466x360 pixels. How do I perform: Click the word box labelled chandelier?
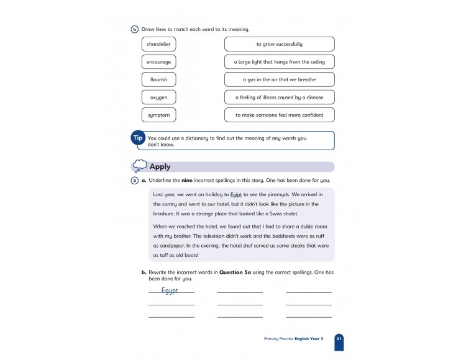[x=158, y=44]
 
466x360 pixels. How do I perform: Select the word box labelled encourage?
[x=158, y=62]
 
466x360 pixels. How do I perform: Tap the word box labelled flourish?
[x=158, y=79]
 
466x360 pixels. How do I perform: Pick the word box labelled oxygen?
[x=158, y=97]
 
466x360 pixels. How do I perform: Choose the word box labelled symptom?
[x=158, y=115]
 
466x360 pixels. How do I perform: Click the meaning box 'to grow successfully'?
[x=279, y=44]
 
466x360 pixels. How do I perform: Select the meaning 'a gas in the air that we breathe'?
[x=279, y=79]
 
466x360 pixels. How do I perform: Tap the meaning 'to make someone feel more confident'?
[x=279, y=115]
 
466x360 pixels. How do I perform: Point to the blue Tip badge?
[x=138, y=139]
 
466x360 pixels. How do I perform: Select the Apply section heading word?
[x=160, y=166]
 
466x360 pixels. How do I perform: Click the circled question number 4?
[x=135, y=29]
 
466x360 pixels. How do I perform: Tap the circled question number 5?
[x=135, y=181]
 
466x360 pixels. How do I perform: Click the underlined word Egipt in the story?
[x=247, y=194]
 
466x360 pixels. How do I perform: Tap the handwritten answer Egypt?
[x=170, y=290]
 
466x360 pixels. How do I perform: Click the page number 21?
[x=339, y=338]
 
